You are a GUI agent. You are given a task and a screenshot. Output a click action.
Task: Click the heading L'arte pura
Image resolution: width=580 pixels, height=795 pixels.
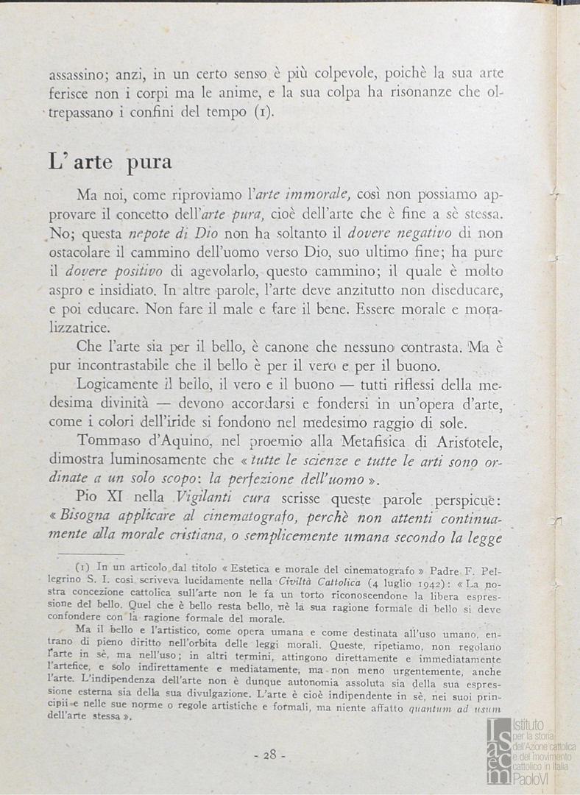point(110,160)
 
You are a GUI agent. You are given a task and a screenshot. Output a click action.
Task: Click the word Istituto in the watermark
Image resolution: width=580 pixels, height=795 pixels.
point(528,726)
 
